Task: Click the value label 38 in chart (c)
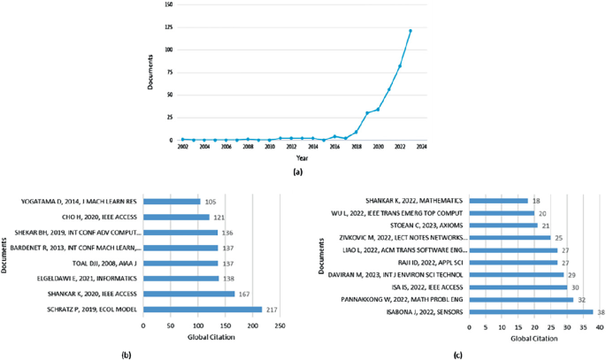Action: [600, 311]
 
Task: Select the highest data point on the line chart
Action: [410, 31]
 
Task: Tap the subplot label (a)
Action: [301, 172]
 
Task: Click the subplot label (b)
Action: [127, 354]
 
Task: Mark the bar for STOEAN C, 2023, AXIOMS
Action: [501, 226]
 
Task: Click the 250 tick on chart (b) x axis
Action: [280, 327]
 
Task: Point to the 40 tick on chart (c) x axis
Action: [600, 327]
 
